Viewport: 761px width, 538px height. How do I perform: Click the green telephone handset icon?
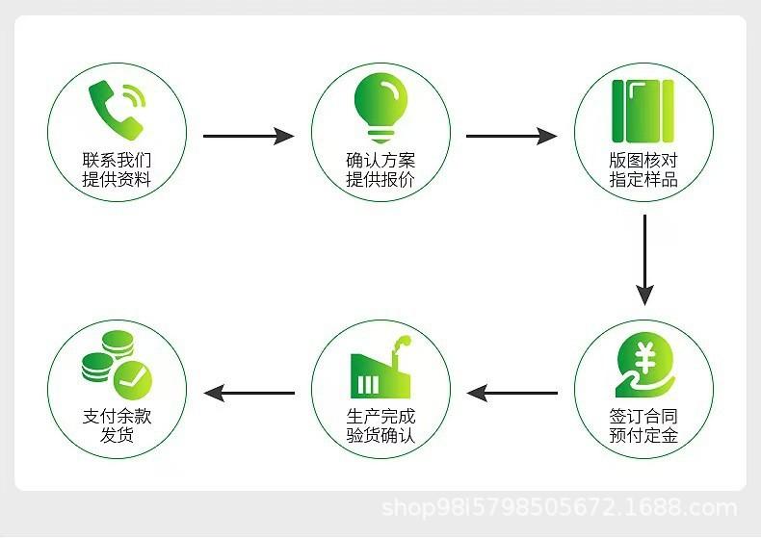click(117, 111)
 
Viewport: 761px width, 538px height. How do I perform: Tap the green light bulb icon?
click(380, 108)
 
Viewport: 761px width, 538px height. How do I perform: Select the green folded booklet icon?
click(643, 111)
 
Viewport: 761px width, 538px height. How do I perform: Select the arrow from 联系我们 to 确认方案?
click(249, 137)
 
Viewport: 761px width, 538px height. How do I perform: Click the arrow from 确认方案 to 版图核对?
click(512, 137)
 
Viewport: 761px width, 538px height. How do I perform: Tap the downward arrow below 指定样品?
click(644, 260)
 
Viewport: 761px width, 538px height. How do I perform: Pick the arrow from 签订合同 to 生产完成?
click(512, 393)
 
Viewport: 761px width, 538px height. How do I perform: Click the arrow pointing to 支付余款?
click(249, 393)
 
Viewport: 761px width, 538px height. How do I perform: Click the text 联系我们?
click(117, 160)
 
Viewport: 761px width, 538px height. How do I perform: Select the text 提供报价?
click(380, 179)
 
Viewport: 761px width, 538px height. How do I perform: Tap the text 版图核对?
click(643, 160)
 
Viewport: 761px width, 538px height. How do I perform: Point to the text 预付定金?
click(643, 435)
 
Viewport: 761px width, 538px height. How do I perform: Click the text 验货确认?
click(380, 435)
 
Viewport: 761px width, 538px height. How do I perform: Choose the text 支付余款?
click(117, 417)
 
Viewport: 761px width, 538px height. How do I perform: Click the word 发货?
click(117, 435)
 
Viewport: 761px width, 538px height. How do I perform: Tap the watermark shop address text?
click(559, 508)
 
